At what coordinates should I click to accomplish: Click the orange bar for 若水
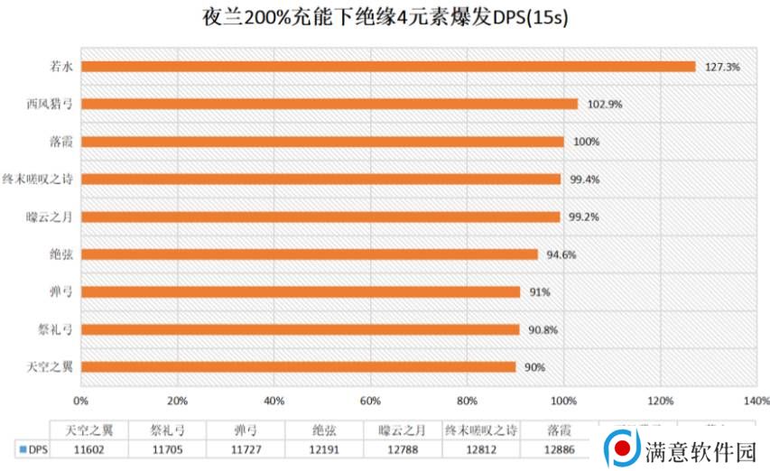[388, 66]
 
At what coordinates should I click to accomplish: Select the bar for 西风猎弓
[329, 104]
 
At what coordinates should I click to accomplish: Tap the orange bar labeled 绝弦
[310, 254]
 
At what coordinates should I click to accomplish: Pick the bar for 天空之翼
[299, 367]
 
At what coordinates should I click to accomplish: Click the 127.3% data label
[721, 67]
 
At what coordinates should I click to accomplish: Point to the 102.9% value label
[604, 105]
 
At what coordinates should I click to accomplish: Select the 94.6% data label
[561, 254]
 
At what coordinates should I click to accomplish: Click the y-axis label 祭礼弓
[55, 329]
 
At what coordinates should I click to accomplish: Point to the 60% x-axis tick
[370, 401]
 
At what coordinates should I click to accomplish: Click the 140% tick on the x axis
[756, 401]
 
